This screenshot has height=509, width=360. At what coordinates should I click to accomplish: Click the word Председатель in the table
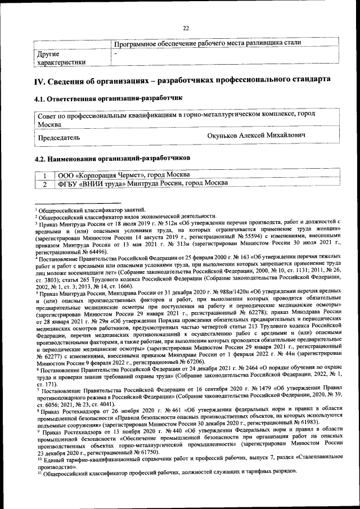[x=58, y=137]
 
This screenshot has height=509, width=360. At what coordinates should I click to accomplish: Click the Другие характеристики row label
[x=61, y=58]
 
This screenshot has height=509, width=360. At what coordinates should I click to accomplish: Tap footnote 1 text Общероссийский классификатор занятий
[x=93, y=209]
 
